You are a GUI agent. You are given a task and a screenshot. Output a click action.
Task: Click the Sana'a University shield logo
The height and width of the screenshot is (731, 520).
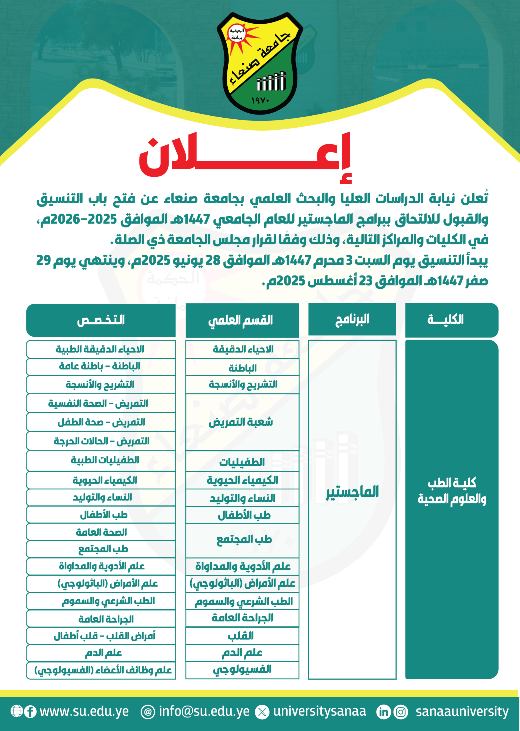(x=260, y=63)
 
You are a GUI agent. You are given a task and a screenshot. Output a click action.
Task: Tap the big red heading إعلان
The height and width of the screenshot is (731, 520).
(x=245, y=157)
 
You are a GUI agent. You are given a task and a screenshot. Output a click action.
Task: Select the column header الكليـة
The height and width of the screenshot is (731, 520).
(x=451, y=320)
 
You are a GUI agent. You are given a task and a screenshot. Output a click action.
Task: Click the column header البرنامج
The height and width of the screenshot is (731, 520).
(x=352, y=319)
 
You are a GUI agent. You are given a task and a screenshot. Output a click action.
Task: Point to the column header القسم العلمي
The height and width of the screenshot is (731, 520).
(x=242, y=320)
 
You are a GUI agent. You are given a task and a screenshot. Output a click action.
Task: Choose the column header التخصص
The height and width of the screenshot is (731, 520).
(x=101, y=320)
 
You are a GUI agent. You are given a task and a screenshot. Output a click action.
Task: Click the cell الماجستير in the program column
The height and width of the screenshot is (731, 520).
(x=352, y=492)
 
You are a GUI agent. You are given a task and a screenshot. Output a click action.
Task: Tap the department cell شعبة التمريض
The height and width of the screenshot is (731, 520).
(x=242, y=422)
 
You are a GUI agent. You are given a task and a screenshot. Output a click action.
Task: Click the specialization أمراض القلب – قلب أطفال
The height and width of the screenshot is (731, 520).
(x=104, y=636)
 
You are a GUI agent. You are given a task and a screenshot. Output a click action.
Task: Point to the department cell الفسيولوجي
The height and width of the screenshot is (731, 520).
(x=242, y=669)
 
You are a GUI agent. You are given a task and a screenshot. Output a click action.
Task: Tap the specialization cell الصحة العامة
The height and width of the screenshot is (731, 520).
(x=101, y=532)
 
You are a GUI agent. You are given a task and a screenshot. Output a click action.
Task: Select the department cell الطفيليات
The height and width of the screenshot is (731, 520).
(x=242, y=462)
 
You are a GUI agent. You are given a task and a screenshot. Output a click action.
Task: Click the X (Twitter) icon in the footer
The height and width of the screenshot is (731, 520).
(x=262, y=712)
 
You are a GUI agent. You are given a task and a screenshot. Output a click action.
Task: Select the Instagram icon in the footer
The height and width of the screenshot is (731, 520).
(x=401, y=712)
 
